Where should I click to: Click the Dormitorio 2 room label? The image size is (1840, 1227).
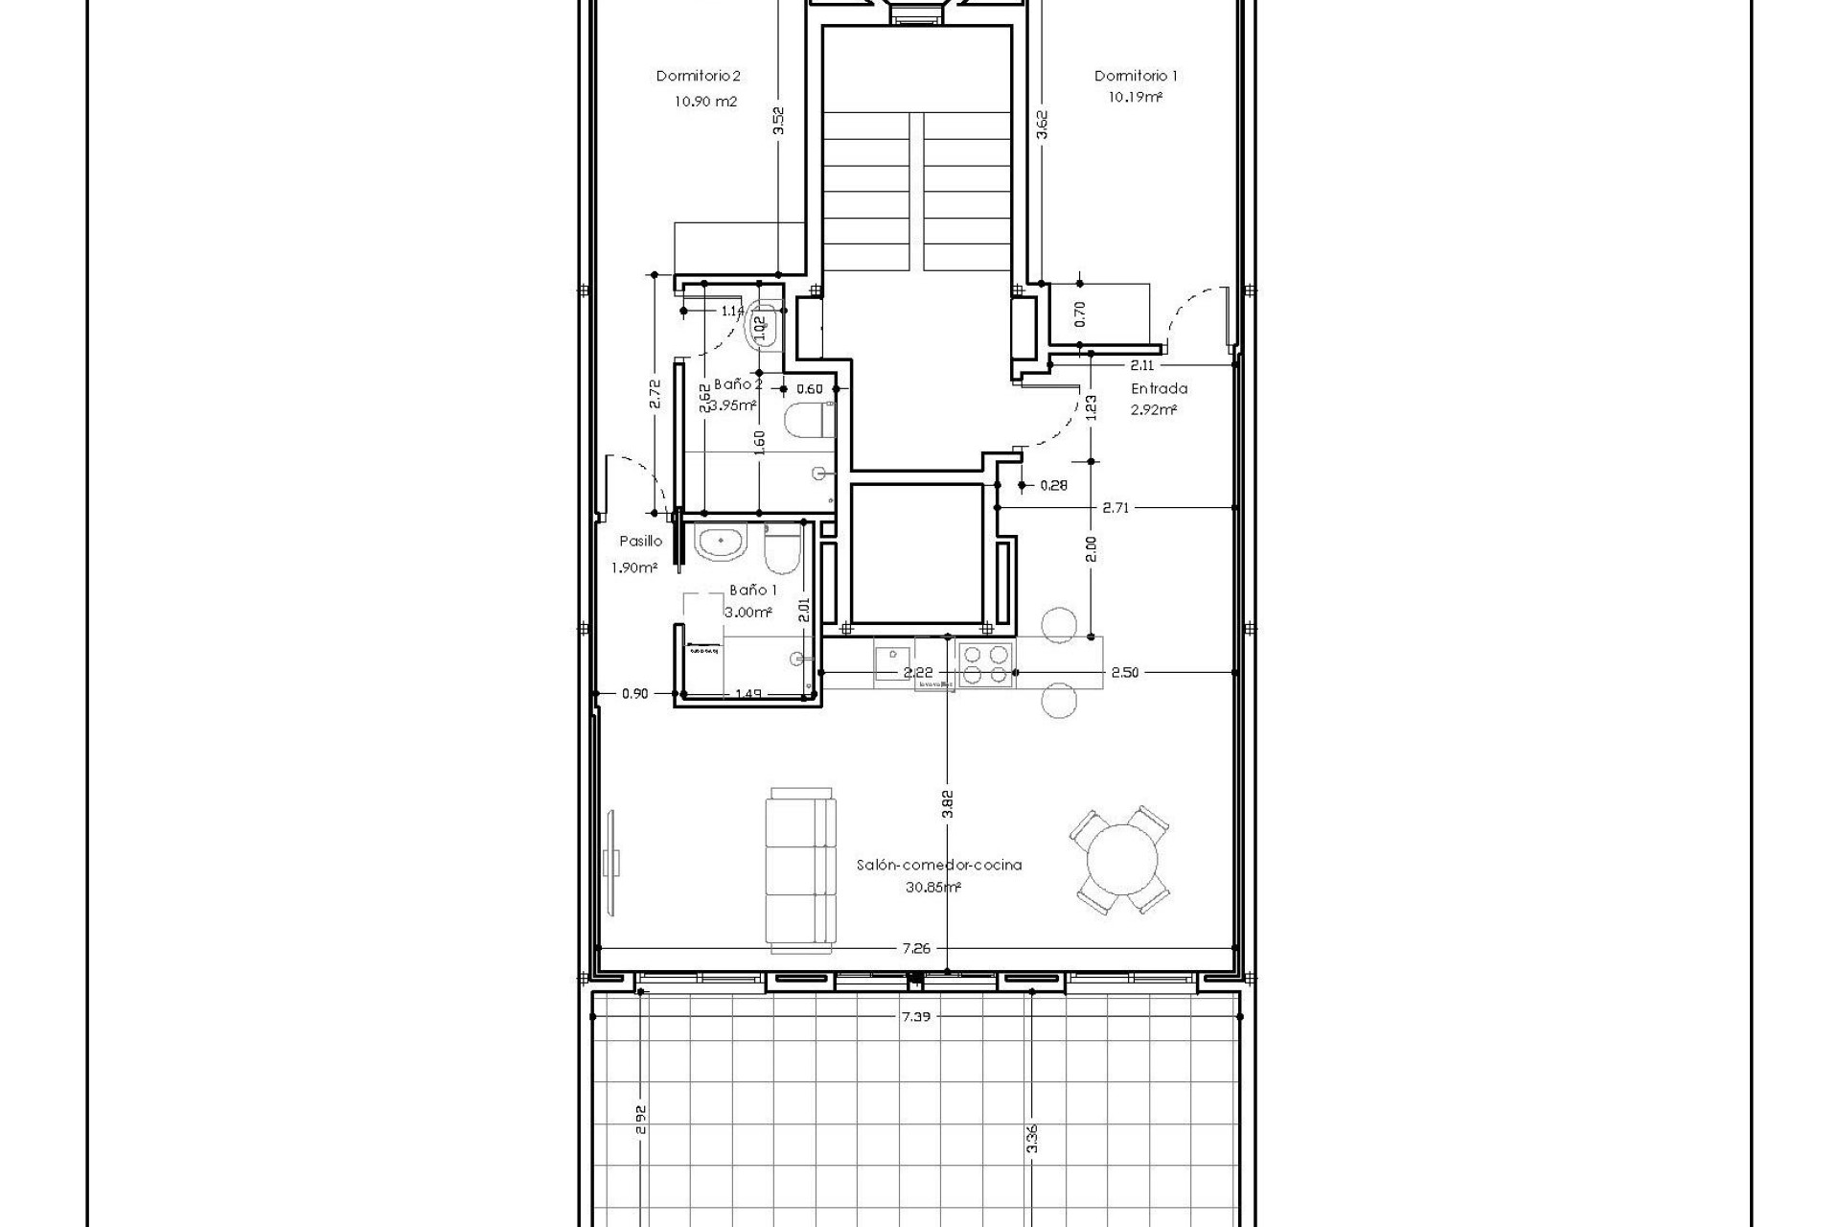[698, 76]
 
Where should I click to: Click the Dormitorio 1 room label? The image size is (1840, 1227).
[1136, 76]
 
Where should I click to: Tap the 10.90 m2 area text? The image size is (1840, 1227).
[705, 102]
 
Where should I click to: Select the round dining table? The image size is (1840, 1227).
[1119, 860]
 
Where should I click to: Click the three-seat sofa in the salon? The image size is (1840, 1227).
[801, 870]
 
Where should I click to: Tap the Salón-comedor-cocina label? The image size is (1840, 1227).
[938, 865]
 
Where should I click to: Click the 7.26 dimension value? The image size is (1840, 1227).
[916, 948]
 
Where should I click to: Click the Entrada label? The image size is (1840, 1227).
[1159, 388]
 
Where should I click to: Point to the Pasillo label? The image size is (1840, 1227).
[640, 541]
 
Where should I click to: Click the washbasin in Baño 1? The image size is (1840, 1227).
[721, 544]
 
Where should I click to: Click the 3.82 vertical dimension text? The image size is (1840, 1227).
[947, 803]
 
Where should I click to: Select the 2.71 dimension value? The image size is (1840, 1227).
[1115, 508]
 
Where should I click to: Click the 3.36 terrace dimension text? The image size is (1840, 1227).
[1031, 1138]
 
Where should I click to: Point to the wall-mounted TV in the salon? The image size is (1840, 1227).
[613, 861]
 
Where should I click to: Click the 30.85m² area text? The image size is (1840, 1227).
[932, 888]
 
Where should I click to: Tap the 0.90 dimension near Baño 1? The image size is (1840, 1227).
[634, 693]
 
